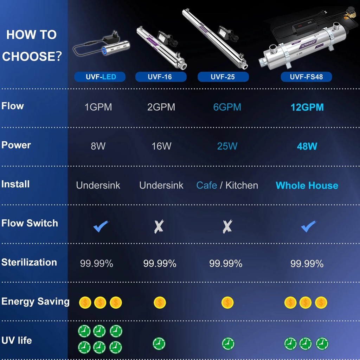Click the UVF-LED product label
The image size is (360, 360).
(100, 77)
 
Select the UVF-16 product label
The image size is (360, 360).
(161, 77)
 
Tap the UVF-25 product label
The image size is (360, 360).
(223, 77)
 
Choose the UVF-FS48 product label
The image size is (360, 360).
(306, 77)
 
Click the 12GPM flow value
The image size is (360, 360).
(307, 107)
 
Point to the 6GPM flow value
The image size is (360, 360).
(227, 107)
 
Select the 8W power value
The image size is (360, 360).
(98, 146)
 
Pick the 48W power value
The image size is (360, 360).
(307, 146)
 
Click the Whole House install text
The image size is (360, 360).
(307, 185)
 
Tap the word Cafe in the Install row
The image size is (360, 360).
(207, 185)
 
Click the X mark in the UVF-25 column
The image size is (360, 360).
(227, 227)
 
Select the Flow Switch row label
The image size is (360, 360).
(30, 223)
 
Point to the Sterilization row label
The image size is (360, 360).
(29, 262)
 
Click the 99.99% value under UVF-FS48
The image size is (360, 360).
(307, 264)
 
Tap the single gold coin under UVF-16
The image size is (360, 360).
(160, 302)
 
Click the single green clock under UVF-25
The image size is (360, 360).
(228, 343)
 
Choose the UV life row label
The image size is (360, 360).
(17, 340)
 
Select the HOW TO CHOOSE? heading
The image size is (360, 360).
(32, 45)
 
